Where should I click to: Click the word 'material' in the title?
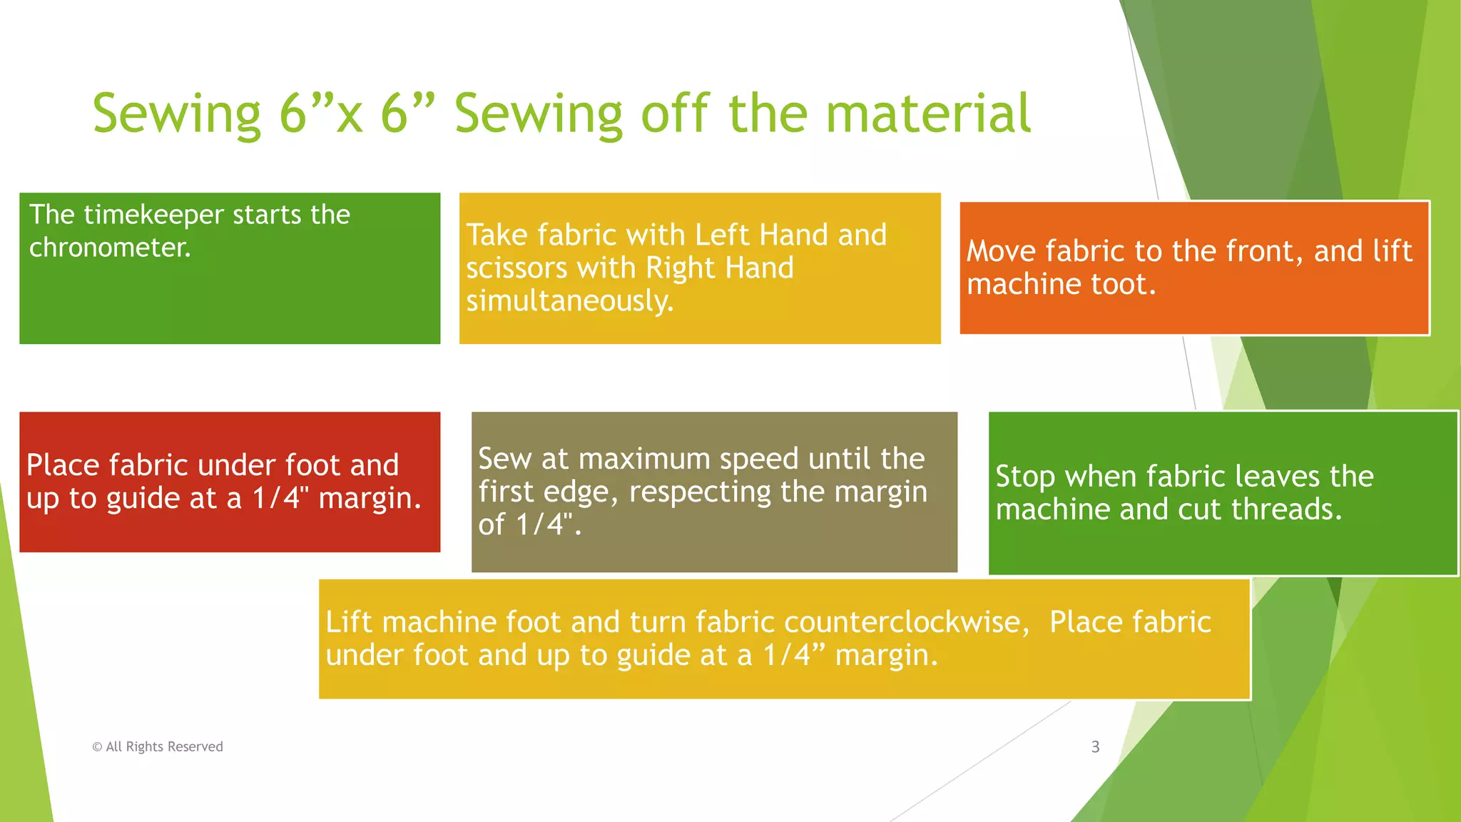928,113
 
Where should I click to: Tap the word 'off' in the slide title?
675,113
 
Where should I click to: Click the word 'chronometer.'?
110,248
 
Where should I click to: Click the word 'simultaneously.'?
569,301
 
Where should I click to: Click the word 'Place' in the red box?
63,465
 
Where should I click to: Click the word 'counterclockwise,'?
907,622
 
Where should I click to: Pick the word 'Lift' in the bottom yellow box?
349,622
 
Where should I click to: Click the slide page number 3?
1095,747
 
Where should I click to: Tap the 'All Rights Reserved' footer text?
164,747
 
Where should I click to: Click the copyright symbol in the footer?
97,747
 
